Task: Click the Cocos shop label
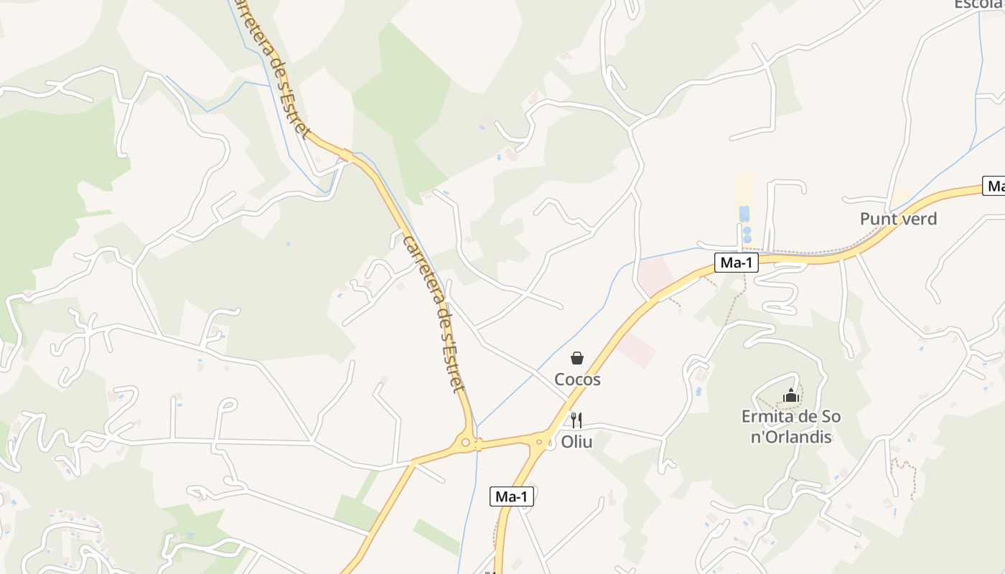[577, 380]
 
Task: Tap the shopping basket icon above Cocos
[577, 358]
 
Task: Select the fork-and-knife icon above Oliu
[576, 420]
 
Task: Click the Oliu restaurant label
[576, 442]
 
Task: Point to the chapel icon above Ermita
[791, 395]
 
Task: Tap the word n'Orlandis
[791, 437]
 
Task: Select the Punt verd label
[898, 219]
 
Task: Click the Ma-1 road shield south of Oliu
[512, 496]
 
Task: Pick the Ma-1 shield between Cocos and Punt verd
[737, 263]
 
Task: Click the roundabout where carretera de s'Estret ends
[466, 443]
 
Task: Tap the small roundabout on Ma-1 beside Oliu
[539, 440]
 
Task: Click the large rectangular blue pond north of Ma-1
[744, 214]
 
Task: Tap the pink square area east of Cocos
[637, 349]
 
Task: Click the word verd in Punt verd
[919, 219]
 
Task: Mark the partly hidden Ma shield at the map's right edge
[995, 187]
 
